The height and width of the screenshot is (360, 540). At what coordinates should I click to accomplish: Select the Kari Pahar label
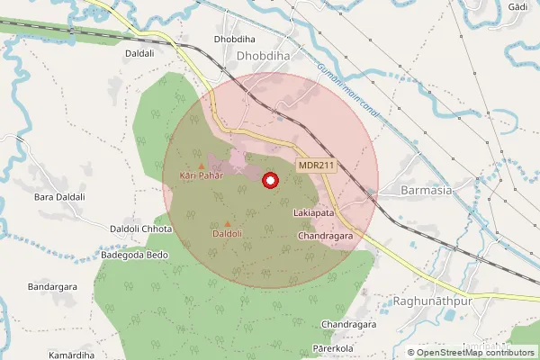point(200,175)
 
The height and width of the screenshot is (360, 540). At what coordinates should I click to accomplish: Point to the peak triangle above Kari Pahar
point(202,165)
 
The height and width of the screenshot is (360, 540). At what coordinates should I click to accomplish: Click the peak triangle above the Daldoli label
point(227,224)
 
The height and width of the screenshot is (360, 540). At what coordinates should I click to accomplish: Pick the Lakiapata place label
point(314,213)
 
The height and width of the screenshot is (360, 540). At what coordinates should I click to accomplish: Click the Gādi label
point(517,6)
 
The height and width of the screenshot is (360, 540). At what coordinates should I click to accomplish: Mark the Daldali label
point(140,54)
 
